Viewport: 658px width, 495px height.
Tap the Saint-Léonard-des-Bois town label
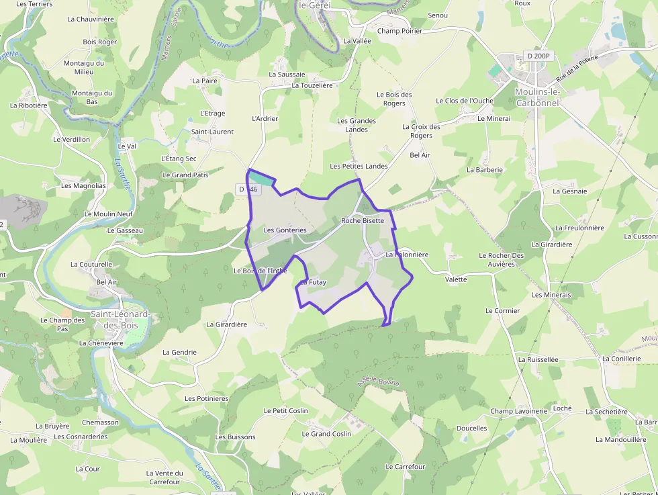point(120,319)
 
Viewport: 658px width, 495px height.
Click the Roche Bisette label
point(363,220)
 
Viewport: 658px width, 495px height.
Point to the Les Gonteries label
point(285,230)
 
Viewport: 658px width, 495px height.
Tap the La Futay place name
point(313,282)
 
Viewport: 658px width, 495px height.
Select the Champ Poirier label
point(399,31)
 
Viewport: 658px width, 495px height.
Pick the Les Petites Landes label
point(359,166)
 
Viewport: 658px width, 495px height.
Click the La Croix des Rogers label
point(421,131)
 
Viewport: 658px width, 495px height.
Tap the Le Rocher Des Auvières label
point(501,260)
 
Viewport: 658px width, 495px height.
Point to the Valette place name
point(456,279)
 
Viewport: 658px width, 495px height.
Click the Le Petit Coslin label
point(285,410)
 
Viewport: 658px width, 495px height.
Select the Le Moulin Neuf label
point(108,214)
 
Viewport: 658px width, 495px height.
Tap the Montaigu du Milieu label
point(84,67)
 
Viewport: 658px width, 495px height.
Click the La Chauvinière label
point(91,19)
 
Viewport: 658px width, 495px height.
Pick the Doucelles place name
point(471,428)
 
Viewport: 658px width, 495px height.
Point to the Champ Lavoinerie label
point(518,411)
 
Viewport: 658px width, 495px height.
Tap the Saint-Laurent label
point(212,132)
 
